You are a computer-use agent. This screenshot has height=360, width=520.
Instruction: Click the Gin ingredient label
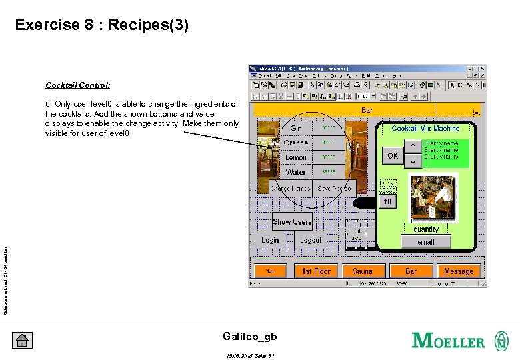[x=296, y=128]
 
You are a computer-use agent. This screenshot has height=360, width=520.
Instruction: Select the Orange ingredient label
[x=296, y=143]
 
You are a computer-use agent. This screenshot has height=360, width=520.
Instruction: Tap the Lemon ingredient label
[x=296, y=157]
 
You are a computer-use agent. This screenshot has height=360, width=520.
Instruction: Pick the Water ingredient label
[x=296, y=172]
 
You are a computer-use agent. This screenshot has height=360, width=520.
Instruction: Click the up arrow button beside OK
[x=413, y=147]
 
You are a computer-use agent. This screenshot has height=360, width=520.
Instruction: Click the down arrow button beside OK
[x=413, y=161]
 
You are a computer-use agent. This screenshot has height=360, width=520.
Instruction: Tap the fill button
[x=387, y=201]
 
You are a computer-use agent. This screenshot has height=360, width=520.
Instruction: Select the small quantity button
[x=426, y=242]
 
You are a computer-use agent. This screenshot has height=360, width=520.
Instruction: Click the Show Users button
[x=292, y=222]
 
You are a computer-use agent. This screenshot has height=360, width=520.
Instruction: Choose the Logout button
[x=311, y=240]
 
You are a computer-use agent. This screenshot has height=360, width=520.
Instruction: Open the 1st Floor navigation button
[x=317, y=271]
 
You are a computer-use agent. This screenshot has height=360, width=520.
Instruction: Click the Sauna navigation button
[x=363, y=271]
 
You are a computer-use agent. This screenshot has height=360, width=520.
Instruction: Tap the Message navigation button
[x=459, y=271]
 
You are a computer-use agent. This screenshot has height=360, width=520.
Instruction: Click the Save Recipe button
[x=334, y=189]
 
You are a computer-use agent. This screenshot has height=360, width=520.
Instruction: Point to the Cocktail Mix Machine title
[x=425, y=129]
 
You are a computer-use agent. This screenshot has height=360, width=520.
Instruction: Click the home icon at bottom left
[x=22, y=341]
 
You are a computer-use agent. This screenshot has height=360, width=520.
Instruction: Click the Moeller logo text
[x=449, y=341]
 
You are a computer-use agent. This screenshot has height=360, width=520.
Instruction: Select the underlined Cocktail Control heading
[x=78, y=85]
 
